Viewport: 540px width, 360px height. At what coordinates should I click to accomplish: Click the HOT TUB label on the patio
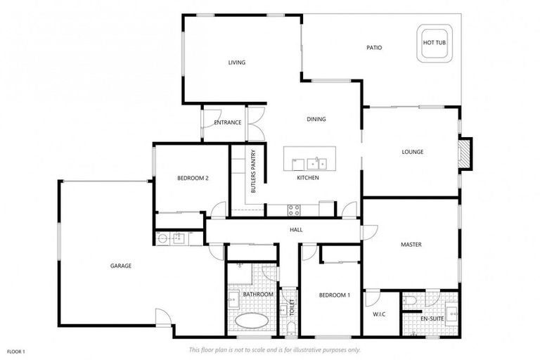coord(434,43)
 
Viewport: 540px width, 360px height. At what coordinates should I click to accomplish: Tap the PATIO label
coord(374,48)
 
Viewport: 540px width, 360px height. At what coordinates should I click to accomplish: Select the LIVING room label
coord(237,63)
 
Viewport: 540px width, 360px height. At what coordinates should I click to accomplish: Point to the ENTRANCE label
coord(228,122)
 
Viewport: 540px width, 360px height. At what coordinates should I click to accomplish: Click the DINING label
coord(316,119)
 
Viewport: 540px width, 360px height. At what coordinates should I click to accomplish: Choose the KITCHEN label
coord(308,178)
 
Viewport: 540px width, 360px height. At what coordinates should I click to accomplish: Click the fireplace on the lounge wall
coord(463,153)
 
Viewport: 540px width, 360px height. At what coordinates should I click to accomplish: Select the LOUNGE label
coord(413,152)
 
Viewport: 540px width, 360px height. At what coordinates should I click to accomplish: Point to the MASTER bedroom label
coord(411,245)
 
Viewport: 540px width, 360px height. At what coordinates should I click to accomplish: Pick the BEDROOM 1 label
coord(334,295)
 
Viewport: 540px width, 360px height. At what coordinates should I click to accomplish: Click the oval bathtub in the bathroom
coord(252,321)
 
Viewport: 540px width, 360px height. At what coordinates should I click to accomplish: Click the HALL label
coord(297,230)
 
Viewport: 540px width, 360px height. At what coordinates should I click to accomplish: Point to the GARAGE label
coord(121,266)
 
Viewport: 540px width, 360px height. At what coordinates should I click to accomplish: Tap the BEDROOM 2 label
coord(193,178)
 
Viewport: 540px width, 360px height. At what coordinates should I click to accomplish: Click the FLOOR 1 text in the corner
coord(15,351)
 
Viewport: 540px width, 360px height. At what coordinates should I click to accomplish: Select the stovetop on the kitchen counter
coord(293,208)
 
